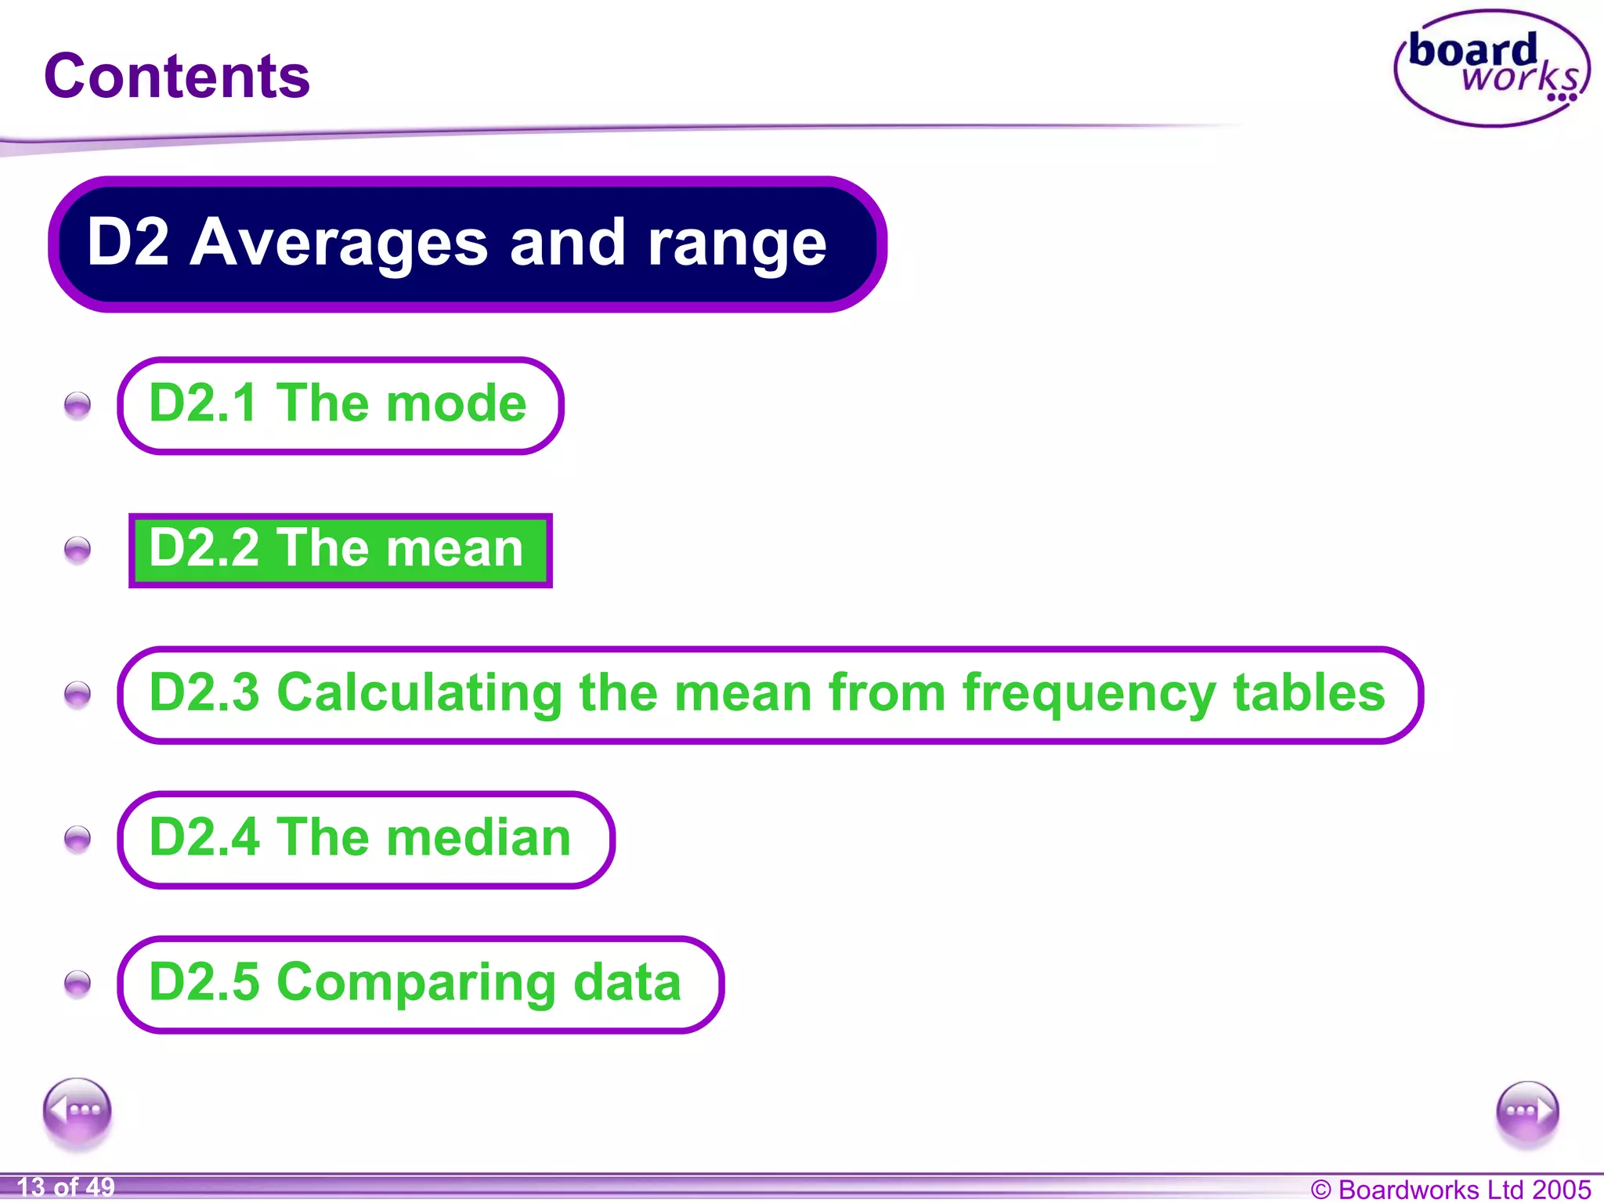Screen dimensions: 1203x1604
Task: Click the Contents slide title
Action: click(177, 76)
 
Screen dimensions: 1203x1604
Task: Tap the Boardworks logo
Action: click(1492, 69)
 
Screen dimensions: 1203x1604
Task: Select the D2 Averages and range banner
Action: click(467, 244)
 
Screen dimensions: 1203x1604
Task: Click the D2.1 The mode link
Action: click(340, 405)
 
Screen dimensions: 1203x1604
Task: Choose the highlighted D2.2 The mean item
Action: click(340, 550)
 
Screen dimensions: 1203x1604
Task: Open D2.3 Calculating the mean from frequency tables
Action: click(769, 695)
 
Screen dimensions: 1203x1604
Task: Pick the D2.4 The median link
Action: click(365, 840)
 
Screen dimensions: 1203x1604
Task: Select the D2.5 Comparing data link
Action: click(420, 984)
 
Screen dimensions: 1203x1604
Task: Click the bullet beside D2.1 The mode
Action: click(78, 405)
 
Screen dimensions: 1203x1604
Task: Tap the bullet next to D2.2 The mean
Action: click(78, 550)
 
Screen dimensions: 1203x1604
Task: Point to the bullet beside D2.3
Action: click(78, 695)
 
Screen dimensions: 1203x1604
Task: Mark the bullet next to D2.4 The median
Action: click(78, 840)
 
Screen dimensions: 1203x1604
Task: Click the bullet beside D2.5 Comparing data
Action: click(78, 984)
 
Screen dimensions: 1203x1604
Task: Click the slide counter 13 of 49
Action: click(66, 1187)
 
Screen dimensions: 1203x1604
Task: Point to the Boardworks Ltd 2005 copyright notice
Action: click(1450, 1189)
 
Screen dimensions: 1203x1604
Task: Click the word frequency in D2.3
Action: click(1089, 695)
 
